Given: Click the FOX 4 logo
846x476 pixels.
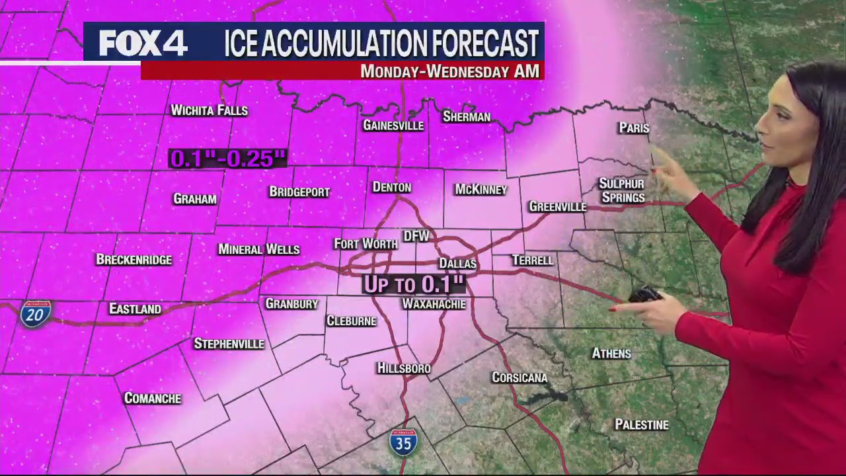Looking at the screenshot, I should (x=143, y=44).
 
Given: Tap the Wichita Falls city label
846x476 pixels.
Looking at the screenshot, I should (x=209, y=110).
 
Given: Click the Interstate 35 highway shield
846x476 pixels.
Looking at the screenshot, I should (x=403, y=442).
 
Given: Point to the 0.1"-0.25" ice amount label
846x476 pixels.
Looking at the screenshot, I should (x=227, y=159).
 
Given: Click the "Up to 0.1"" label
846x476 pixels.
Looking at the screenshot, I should (x=414, y=285).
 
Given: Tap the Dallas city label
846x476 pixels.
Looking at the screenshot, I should (x=457, y=264).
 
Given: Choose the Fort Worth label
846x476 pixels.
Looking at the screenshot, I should (x=365, y=244).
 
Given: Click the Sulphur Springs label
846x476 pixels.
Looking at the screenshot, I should (x=622, y=190).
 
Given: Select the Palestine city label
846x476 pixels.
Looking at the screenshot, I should (x=641, y=424).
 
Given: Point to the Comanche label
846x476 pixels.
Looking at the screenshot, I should (x=153, y=398).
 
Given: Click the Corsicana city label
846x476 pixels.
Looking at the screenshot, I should (x=519, y=377).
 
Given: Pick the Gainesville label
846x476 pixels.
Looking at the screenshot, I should (x=393, y=125).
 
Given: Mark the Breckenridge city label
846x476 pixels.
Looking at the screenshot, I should (x=134, y=259).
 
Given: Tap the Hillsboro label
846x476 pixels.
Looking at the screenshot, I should (x=403, y=368).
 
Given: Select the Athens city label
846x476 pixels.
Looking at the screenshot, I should (x=611, y=354).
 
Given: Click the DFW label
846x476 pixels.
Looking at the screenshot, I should (x=416, y=236).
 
